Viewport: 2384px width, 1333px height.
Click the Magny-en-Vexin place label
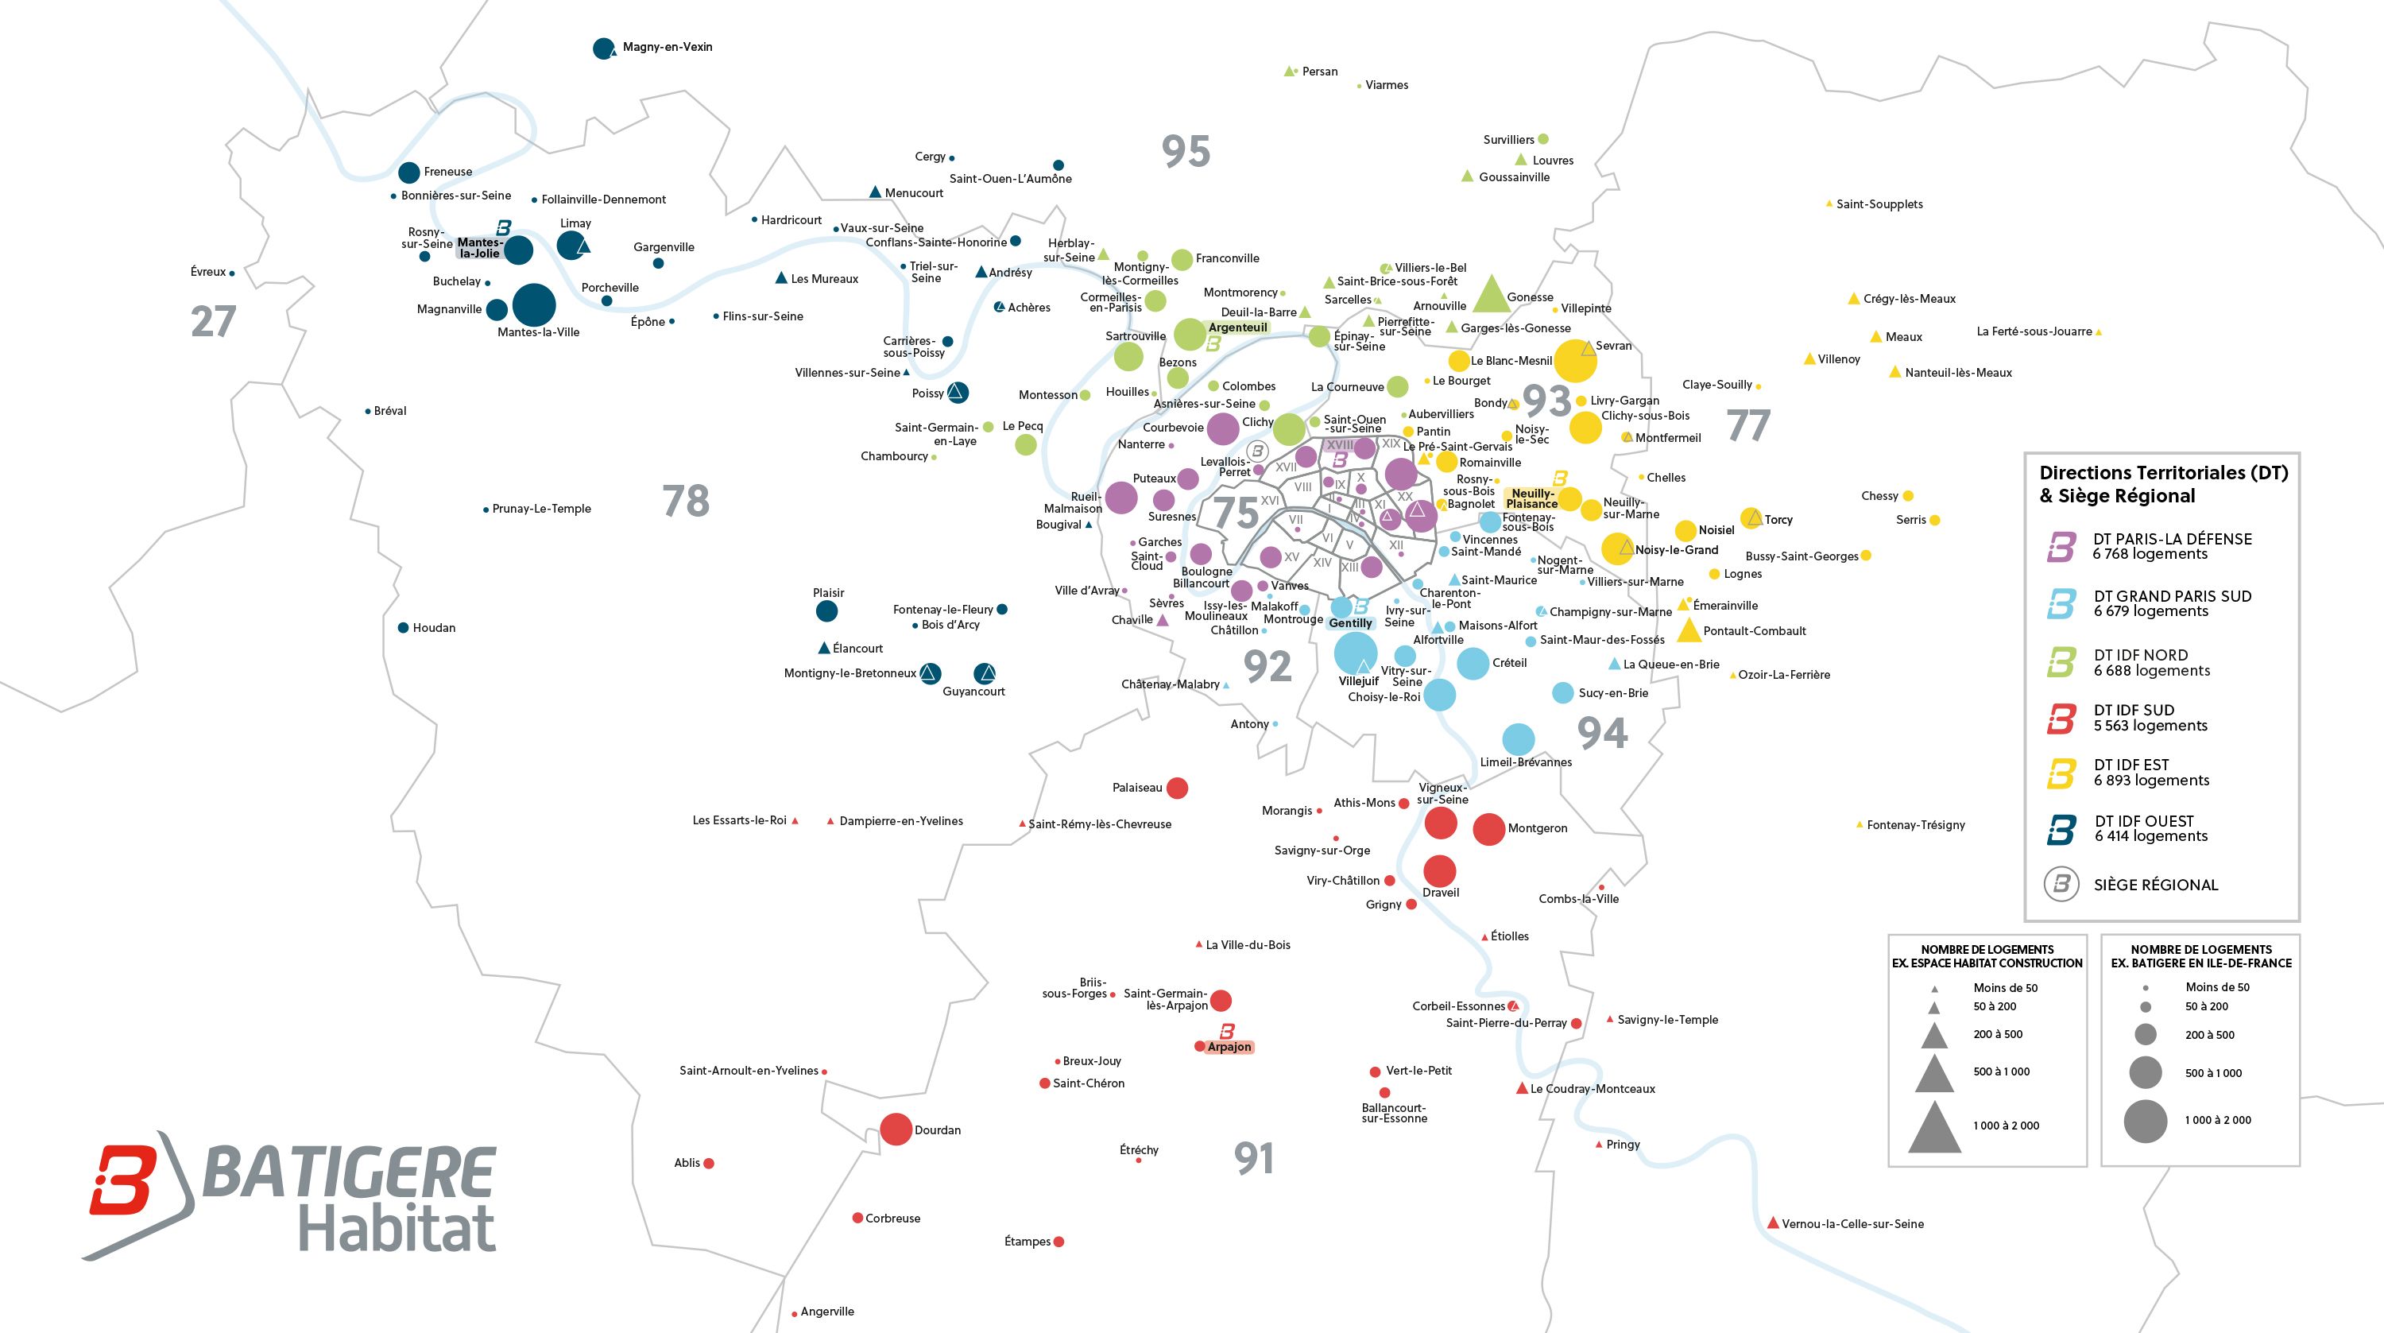click(x=668, y=47)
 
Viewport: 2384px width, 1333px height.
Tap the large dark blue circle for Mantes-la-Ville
click(x=534, y=304)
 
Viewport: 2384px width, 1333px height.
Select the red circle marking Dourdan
click(x=895, y=1130)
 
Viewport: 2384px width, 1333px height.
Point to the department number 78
click(x=686, y=501)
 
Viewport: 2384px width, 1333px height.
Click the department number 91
click(x=1254, y=1158)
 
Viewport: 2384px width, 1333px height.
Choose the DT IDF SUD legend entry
click(x=2133, y=719)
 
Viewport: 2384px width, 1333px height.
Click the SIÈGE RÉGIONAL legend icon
click(x=2061, y=884)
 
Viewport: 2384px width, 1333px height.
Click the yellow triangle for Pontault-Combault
click(x=1689, y=631)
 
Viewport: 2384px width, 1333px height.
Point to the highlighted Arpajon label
click(x=1229, y=1047)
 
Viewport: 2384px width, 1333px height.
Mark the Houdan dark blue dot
click(x=404, y=628)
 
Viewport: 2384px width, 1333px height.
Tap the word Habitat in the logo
click(x=397, y=1230)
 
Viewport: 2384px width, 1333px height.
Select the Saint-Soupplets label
click(x=1879, y=204)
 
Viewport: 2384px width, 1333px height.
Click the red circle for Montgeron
click(x=1488, y=829)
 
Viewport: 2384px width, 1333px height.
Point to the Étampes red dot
click(x=1058, y=1242)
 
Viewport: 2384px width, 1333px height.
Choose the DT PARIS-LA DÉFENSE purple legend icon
click(x=2061, y=546)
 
